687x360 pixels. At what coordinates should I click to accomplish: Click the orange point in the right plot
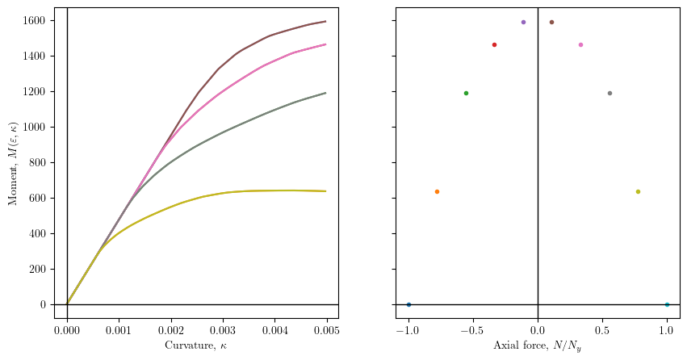pyautogui.click(x=437, y=191)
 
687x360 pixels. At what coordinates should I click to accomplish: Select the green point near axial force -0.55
pyautogui.click(x=466, y=93)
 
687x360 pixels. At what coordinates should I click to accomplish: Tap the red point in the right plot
pyautogui.click(x=494, y=44)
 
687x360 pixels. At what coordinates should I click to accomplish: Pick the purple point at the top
pyautogui.click(x=523, y=22)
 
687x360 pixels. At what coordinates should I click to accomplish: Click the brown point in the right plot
pyautogui.click(x=551, y=22)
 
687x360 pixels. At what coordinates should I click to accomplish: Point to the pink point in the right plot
pyautogui.click(x=580, y=44)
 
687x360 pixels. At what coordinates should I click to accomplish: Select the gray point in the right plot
pyautogui.click(x=610, y=93)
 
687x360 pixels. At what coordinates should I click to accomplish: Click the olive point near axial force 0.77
pyautogui.click(x=638, y=191)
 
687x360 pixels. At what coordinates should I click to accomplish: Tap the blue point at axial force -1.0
pyautogui.click(x=408, y=304)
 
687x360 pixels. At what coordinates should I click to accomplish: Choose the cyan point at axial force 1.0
pyautogui.click(x=667, y=304)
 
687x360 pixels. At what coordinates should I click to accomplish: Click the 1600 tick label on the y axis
pyautogui.click(x=37, y=20)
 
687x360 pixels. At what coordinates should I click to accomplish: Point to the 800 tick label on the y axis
pyautogui.click(x=40, y=162)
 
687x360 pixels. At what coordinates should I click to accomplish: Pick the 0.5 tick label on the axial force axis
pyautogui.click(x=602, y=330)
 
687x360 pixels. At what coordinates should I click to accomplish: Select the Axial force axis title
pyautogui.click(x=538, y=345)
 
